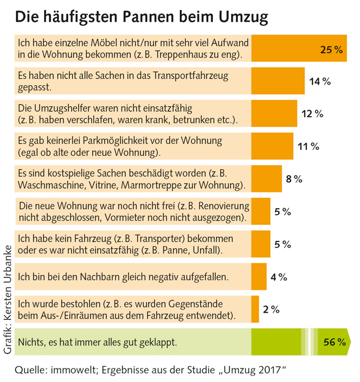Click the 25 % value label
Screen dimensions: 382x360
(x=331, y=49)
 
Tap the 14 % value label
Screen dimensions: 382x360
(x=319, y=81)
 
